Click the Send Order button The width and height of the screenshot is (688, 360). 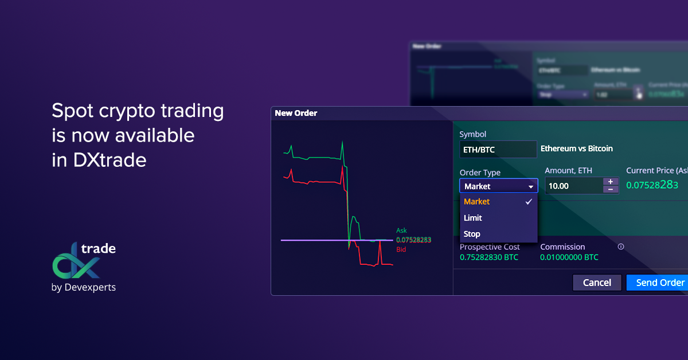click(x=659, y=283)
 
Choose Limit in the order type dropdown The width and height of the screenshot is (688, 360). click(x=473, y=218)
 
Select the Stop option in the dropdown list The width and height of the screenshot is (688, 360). click(x=472, y=234)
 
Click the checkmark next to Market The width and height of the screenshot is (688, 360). click(x=529, y=202)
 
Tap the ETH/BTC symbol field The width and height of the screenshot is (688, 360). click(x=498, y=150)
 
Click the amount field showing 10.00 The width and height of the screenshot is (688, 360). click(x=573, y=186)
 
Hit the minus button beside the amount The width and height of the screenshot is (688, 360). click(x=611, y=190)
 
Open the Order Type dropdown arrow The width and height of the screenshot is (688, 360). click(x=531, y=186)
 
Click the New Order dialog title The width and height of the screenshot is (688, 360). click(x=296, y=113)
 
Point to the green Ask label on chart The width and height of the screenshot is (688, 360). click(x=401, y=230)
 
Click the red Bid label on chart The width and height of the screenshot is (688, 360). click(x=401, y=250)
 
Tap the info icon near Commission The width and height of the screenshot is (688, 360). click(x=621, y=246)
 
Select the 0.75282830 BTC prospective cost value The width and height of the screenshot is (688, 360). click(x=488, y=257)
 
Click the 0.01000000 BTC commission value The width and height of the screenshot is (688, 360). click(x=569, y=257)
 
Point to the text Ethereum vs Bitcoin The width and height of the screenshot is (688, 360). click(x=577, y=148)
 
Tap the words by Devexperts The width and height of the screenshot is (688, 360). click(x=84, y=287)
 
